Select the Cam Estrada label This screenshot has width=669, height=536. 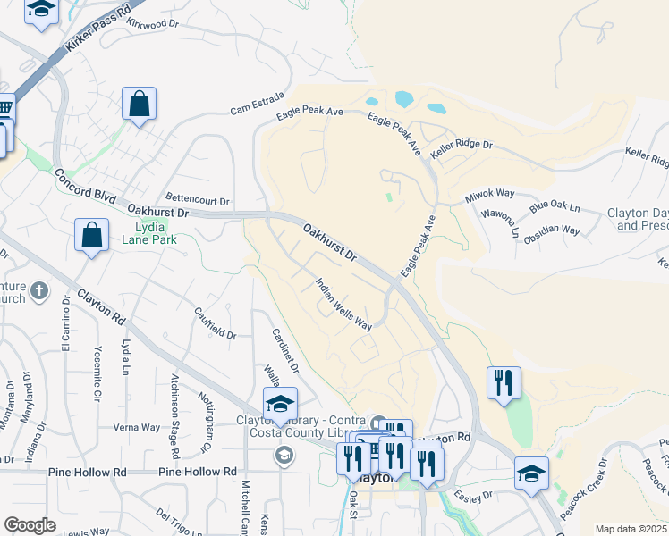pos(257,103)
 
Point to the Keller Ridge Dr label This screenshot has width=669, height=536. pos(462,144)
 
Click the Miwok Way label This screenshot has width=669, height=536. pos(489,194)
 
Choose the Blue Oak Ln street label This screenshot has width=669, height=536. pos(555,207)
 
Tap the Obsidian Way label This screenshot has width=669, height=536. pos(552,230)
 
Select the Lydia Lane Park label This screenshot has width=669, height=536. pos(148,233)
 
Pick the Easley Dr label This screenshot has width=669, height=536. pos(474,494)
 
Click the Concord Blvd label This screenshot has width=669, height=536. pos(86,186)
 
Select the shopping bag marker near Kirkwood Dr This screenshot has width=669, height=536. pos(140,104)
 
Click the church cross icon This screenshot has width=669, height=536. pos(38,290)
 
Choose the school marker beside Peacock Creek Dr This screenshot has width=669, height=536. pos(531,473)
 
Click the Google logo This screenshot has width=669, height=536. pos(30,524)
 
